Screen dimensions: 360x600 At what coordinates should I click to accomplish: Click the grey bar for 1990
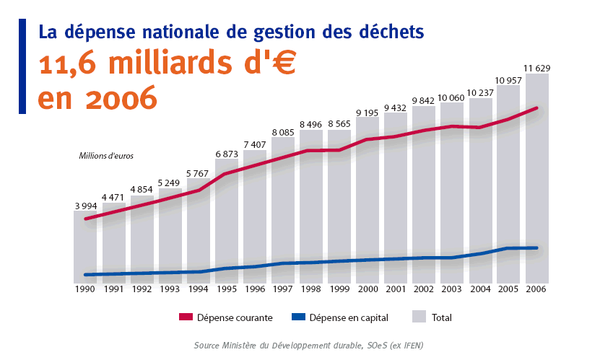pos(85,245)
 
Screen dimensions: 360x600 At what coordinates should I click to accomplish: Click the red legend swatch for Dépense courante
pos(186,317)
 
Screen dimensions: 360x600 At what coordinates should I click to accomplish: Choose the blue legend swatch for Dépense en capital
pos(297,317)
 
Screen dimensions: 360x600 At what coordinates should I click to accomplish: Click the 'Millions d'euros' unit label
pos(106,155)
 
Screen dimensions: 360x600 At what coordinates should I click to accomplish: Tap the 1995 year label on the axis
pos(227,289)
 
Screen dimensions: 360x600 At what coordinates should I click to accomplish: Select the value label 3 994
pos(85,206)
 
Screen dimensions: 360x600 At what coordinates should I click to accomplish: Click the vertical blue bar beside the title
pos(22,66)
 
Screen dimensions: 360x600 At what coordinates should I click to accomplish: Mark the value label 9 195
pos(368,113)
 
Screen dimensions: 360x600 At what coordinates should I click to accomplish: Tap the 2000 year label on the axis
pos(368,289)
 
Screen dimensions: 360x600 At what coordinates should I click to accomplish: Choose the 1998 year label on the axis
pos(311,289)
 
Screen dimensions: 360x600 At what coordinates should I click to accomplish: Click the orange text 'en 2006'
pos(97,97)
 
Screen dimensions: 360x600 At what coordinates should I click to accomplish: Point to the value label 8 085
pos(283,133)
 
